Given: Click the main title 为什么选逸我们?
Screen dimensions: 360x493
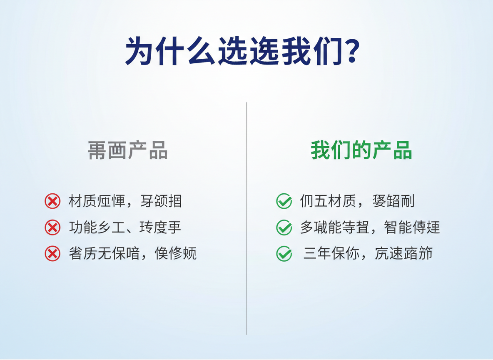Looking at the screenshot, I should (241, 51).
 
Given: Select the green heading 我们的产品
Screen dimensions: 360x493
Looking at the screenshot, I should (361, 150).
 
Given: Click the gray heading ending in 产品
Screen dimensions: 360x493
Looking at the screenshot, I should (128, 150).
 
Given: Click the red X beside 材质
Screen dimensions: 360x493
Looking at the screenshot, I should (52, 201).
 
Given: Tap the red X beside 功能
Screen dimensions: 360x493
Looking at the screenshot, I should (52, 227).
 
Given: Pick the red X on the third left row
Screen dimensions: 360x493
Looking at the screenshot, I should (52, 253).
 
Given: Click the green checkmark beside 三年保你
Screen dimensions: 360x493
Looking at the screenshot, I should (284, 253).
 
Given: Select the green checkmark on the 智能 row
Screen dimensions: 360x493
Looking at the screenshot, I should (284, 227).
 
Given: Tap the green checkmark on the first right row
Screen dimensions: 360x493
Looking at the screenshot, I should (284, 201).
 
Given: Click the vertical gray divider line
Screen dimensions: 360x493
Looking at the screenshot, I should (246, 217).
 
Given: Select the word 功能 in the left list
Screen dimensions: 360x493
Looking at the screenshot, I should (82, 227).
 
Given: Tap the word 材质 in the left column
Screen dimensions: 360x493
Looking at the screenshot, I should (82, 201).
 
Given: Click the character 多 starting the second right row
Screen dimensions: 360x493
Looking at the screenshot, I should (307, 227).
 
